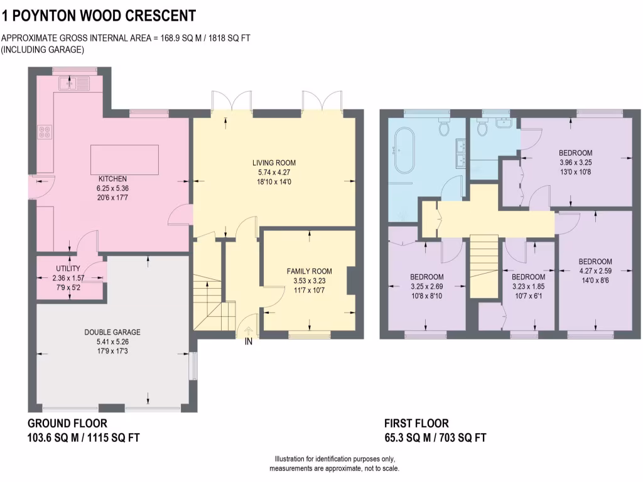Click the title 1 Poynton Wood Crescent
click(99, 16)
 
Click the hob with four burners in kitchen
click(46, 132)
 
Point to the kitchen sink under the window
click(74, 83)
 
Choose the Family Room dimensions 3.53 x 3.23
click(309, 281)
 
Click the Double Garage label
click(112, 333)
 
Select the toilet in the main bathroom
click(445, 127)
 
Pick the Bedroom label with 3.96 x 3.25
click(575, 153)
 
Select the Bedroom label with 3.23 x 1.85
click(527, 277)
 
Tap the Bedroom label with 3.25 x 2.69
click(426, 277)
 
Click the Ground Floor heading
click(67, 423)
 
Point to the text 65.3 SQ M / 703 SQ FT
click(435, 437)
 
